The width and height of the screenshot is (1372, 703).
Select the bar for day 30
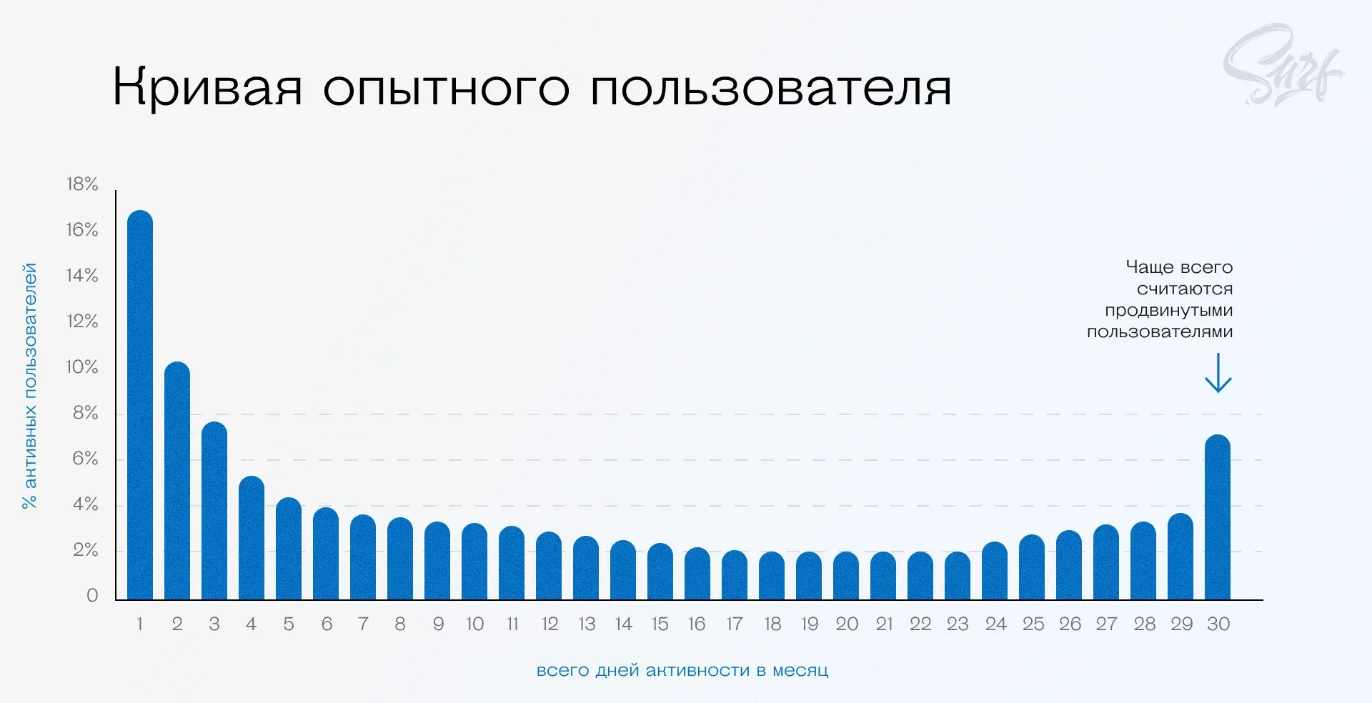1218,517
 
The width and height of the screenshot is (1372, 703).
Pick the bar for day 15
660,572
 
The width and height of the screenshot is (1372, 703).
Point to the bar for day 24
995,571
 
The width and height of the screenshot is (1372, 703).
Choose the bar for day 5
289,549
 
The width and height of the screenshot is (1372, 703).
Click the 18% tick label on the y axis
82,184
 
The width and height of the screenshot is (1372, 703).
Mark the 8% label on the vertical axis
85,413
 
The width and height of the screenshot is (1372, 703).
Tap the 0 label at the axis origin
92,595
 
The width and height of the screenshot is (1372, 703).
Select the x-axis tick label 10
474,624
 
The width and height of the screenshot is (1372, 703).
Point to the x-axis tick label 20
847,624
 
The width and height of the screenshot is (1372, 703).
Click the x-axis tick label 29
1181,624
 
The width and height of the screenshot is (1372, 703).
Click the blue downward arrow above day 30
1218,373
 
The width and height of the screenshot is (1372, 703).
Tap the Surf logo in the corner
1283,66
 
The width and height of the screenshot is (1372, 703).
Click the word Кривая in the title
207,88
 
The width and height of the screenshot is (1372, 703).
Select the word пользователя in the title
771,88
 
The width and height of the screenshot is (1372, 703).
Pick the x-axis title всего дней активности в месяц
682,671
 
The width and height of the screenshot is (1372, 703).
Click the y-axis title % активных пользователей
30,386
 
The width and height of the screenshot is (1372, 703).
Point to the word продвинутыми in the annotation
1169,310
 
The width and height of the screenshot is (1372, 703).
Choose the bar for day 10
474,562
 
